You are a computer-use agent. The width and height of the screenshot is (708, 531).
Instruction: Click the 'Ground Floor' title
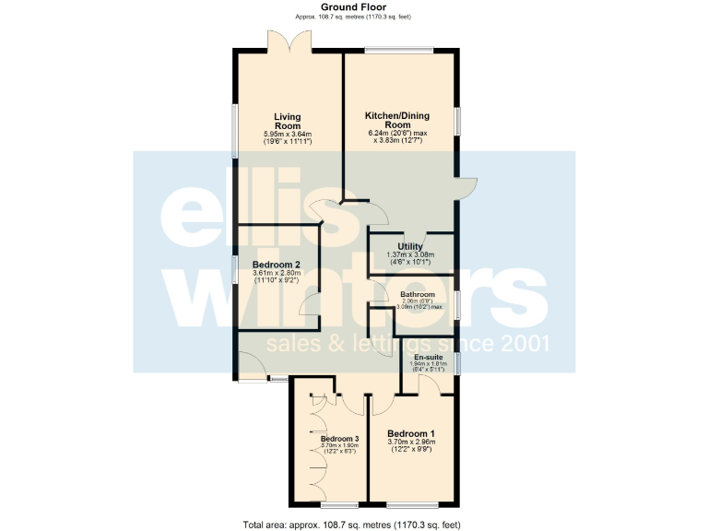pyautogui.click(x=353, y=6)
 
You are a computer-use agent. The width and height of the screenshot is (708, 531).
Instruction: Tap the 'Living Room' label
pyautogui.click(x=288, y=121)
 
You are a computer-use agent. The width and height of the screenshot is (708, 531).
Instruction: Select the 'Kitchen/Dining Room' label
pyautogui.click(x=397, y=120)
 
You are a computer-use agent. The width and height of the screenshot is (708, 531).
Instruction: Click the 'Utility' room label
pyautogui.click(x=409, y=247)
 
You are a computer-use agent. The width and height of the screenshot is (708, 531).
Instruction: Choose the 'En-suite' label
pyautogui.click(x=428, y=357)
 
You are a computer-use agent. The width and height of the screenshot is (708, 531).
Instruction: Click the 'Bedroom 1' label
pyautogui.click(x=410, y=433)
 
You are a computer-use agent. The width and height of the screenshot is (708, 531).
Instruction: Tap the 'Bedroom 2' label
pyautogui.click(x=277, y=265)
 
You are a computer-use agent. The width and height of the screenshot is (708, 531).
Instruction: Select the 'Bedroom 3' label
pyautogui.click(x=338, y=438)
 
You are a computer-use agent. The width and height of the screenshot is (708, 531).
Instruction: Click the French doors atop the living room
pyautogui.click(x=288, y=41)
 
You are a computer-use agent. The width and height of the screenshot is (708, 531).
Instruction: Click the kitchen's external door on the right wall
pyautogui.click(x=466, y=187)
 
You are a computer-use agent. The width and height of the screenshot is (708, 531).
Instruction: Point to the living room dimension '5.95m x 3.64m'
pyautogui.click(x=288, y=135)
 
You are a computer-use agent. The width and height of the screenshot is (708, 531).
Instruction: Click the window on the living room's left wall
pyautogui.click(x=233, y=130)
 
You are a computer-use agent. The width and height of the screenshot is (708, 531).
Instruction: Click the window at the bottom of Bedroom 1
pyautogui.click(x=412, y=504)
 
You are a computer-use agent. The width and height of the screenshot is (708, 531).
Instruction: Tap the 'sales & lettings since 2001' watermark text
pyautogui.click(x=407, y=345)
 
